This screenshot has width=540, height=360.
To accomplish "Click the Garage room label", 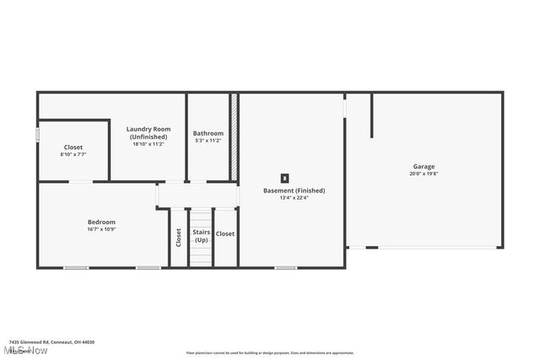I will pyautogui.click(x=424, y=166).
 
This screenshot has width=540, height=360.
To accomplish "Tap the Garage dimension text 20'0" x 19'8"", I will pyautogui.click(x=424, y=174).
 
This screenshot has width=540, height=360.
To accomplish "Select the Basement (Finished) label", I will pyautogui.click(x=294, y=191).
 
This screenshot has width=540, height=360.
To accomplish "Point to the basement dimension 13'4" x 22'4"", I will pyautogui.click(x=294, y=198).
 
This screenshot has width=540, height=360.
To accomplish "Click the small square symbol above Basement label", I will pyautogui.click(x=284, y=178).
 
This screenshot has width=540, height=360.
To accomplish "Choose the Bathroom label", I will pyautogui.click(x=208, y=133).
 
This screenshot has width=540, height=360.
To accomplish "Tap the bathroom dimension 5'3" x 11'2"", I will pyautogui.click(x=208, y=141).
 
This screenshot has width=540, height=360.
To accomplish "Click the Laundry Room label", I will pyautogui.click(x=148, y=129).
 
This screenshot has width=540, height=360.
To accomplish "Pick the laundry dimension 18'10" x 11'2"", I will pyautogui.click(x=148, y=144).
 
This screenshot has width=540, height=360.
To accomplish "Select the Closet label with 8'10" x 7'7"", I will pyautogui.click(x=73, y=148).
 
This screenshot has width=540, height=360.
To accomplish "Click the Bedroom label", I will pyautogui.click(x=101, y=222).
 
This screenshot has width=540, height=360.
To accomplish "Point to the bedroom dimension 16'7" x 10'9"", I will pyautogui.click(x=101, y=229).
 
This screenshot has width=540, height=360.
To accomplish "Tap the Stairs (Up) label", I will pyautogui.click(x=201, y=236).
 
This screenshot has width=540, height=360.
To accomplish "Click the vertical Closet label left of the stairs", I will pyautogui.click(x=178, y=237).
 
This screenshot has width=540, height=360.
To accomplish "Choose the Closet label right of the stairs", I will pyautogui.click(x=225, y=234).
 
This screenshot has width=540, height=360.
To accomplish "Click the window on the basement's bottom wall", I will pyautogui.click(x=285, y=268).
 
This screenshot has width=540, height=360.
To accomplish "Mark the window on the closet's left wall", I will pyautogui.click(x=37, y=135).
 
